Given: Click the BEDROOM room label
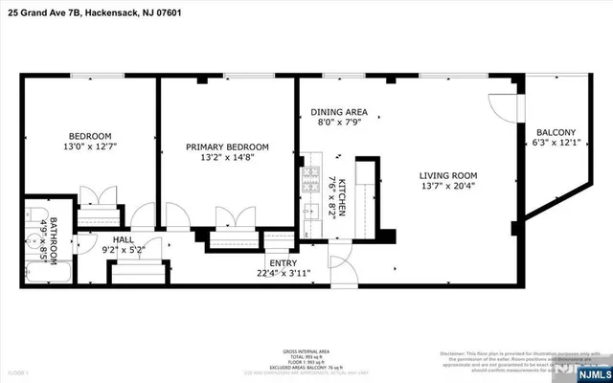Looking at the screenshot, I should [x=89, y=135].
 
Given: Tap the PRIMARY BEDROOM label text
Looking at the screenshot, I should [x=227, y=146].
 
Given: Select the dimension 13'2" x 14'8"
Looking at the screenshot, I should [x=227, y=159].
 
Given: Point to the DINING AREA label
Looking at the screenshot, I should [x=342, y=112].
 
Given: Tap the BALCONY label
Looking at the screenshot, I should [x=556, y=133].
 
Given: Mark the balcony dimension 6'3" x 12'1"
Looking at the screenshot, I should [x=556, y=145].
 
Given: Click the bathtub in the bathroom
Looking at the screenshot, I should [x=47, y=267].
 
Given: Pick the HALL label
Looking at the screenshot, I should [x=124, y=240].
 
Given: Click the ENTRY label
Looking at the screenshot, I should [x=283, y=263].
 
